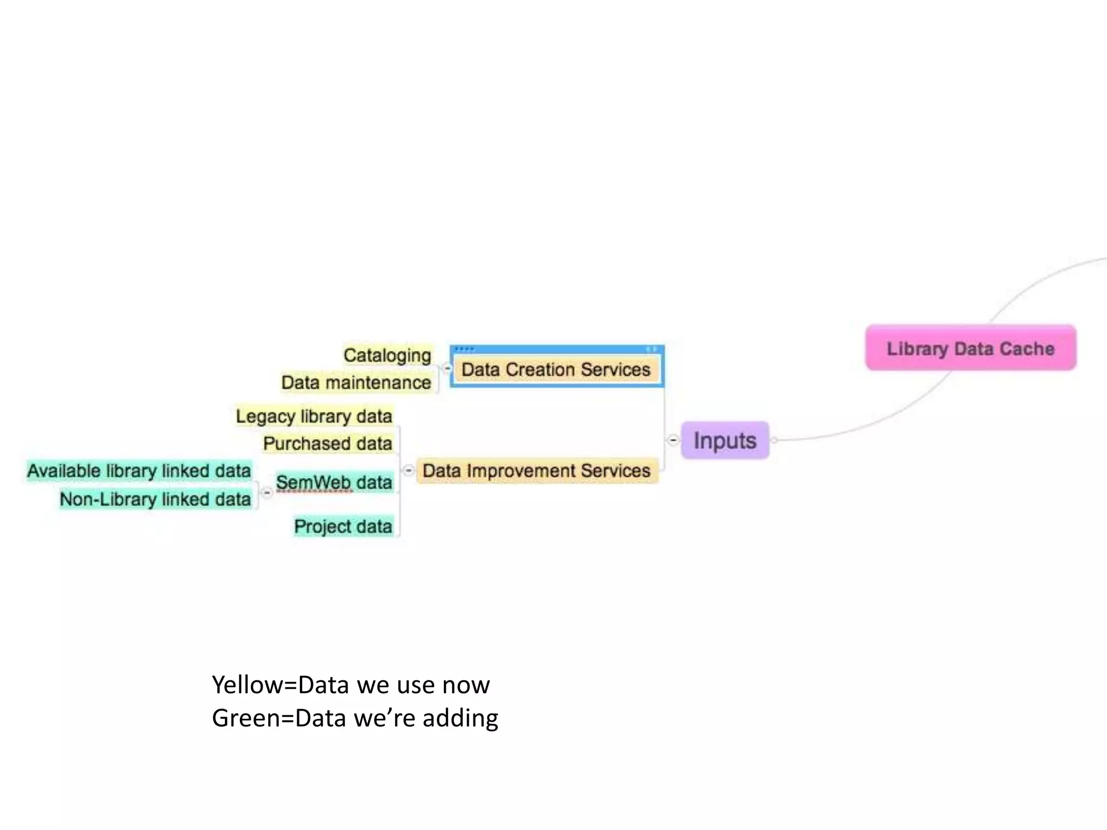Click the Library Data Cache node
(x=970, y=348)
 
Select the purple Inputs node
(x=725, y=440)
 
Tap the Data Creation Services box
(x=556, y=370)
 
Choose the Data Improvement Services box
(x=536, y=471)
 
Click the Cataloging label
(x=387, y=356)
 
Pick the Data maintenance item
(x=356, y=383)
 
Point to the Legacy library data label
(x=314, y=416)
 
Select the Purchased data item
(x=328, y=444)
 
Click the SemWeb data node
(x=334, y=482)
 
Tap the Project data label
(x=343, y=526)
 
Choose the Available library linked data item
(x=139, y=471)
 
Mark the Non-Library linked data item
(x=155, y=499)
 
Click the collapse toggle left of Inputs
(x=672, y=440)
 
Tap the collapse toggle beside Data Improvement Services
(x=409, y=470)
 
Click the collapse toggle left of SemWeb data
(x=267, y=492)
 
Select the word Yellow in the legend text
(x=246, y=685)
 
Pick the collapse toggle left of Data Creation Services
(x=448, y=369)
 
